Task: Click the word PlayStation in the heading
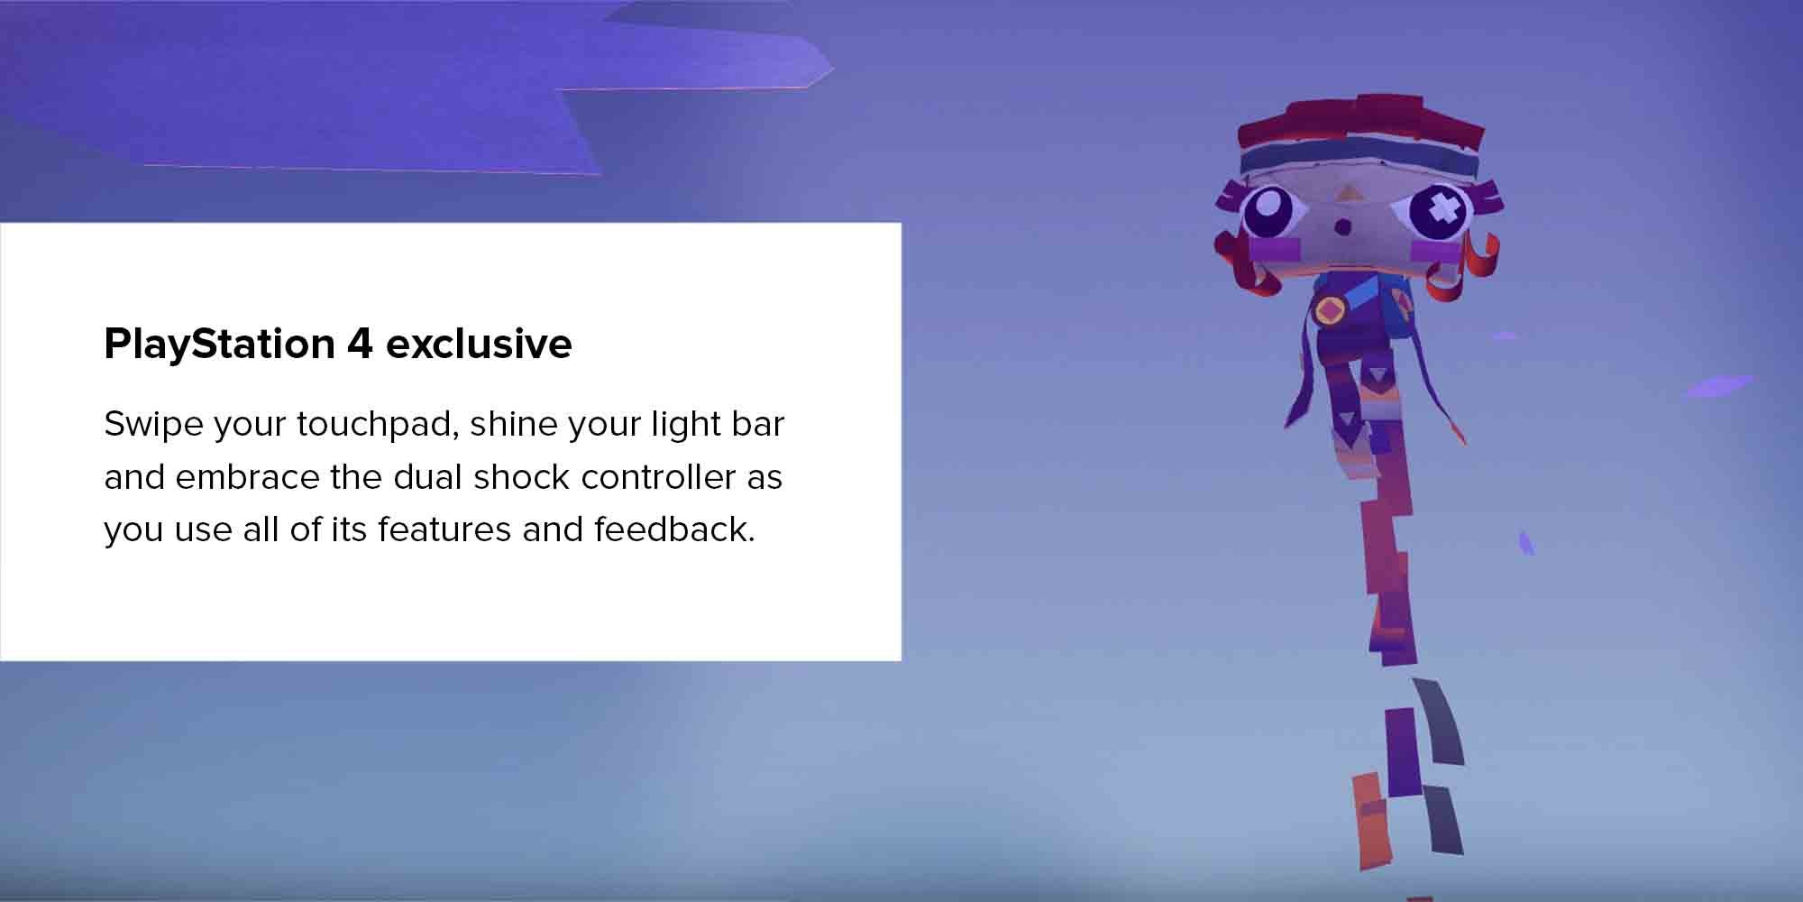pos(220,345)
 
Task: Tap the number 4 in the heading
pos(361,344)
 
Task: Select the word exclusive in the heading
pos(479,344)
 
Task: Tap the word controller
pos(658,476)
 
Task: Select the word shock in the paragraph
pos(522,476)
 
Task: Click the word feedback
pos(674,529)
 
